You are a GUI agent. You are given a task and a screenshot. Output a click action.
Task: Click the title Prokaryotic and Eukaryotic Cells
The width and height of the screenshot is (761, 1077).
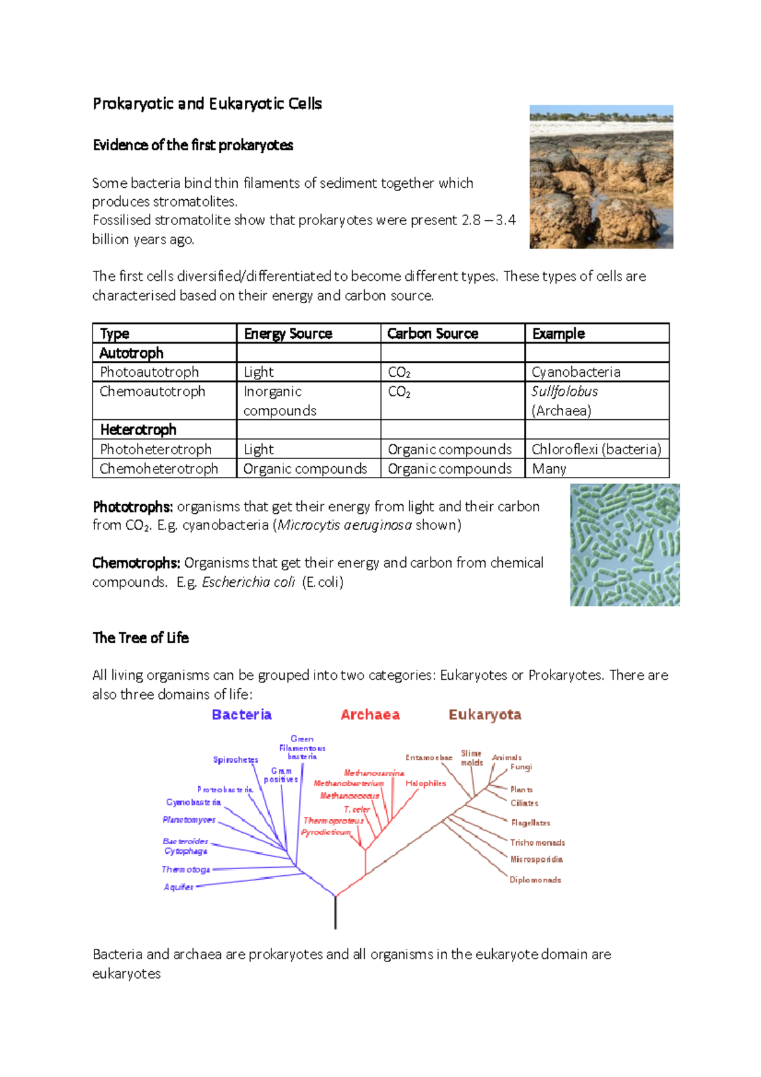[x=207, y=104]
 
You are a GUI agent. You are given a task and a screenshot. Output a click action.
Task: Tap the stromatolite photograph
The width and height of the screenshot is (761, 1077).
[x=601, y=177]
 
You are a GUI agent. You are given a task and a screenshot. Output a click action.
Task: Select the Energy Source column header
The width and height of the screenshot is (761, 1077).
[x=288, y=334]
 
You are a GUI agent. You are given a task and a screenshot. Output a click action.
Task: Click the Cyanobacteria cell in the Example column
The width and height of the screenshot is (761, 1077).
[x=576, y=372]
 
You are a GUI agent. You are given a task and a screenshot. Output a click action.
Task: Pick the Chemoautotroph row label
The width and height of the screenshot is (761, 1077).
[x=152, y=392]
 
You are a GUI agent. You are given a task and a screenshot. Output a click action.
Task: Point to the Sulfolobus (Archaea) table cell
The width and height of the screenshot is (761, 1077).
[x=564, y=401]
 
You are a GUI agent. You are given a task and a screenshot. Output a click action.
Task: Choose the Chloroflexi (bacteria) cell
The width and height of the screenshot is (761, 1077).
[x=596, y=450]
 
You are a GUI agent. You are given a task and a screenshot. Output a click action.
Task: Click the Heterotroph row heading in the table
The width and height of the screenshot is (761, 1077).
[x=138, y=430]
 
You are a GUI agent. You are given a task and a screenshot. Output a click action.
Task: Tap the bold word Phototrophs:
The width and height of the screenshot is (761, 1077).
[x=133, y=507]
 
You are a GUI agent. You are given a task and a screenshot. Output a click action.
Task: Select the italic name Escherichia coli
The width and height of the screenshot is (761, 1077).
[x=248, y=582]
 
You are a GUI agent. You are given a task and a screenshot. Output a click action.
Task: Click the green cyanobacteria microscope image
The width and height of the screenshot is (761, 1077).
[x=625, y=545]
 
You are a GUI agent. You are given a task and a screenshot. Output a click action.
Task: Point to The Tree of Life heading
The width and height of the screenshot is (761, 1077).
[x=141, y=638]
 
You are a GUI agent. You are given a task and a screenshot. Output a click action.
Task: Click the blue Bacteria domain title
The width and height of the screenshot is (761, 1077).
[x=242, y=715]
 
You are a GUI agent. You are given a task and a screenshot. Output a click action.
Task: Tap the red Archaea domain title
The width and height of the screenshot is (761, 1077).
[x=370, y=715]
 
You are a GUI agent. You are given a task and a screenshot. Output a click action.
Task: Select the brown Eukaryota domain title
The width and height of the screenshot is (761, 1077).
[x=485, y=715]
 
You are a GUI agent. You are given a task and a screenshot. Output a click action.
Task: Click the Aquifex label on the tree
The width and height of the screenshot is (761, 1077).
[x=178, y=887]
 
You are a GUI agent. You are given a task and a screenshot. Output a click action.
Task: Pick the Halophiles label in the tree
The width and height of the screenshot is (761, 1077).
[x=426, y=784]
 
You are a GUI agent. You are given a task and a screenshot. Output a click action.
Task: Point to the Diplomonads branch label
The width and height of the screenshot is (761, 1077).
[x=535, y=880]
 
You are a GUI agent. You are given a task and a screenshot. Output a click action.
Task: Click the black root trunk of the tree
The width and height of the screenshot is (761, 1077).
[x=335, y=913]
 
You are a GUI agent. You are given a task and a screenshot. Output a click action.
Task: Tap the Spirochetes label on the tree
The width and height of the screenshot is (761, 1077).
[x=235, y=760]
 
